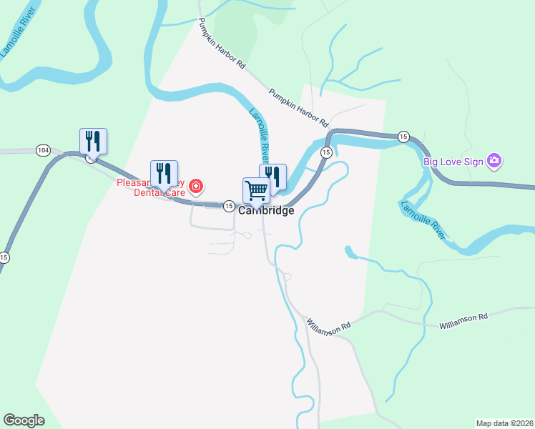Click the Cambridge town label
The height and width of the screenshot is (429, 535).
pyautogui.click(x=266, y=211)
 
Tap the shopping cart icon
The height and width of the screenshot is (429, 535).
pyautogui.click(x=256, y=190)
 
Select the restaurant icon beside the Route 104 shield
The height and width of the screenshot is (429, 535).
pyautogui.click(x=93, y=140)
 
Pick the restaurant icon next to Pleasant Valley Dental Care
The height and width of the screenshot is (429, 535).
pyautogui.click(x=164, y=173)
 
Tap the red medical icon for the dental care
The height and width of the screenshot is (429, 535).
pyautogui.click(x=196, y=188)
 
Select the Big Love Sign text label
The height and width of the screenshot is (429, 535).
pyautogui.click(x=452, y=161)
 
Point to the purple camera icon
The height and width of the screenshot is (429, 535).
pyautogui.click(x=494, y=161)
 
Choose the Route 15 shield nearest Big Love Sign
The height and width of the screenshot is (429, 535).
pyautogui.click(x=403, y=136)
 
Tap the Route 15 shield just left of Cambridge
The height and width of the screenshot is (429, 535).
pyautogui.click(x=228, y=206)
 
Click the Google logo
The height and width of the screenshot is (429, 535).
pyautogui.click(x=24, y=420)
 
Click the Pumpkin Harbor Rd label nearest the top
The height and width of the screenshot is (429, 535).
pyautogui.click(x=222, y=43)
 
